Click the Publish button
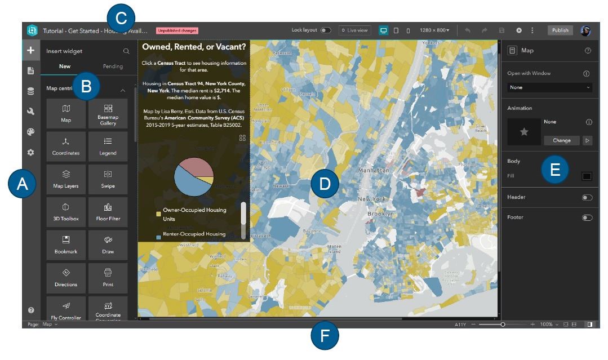point(560,30)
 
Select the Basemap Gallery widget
point(108,114)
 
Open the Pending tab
point(113,66)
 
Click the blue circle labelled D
point(325,184)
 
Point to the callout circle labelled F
point(325,338)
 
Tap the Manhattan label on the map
point(373,170)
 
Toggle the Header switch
point(587,198)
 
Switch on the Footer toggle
point(587,217)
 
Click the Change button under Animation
point(561,140)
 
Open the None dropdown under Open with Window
point(549,87)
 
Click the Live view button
point(355,30)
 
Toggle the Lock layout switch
point(326,30)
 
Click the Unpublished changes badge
point(177,30)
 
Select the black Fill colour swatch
point(587,176)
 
